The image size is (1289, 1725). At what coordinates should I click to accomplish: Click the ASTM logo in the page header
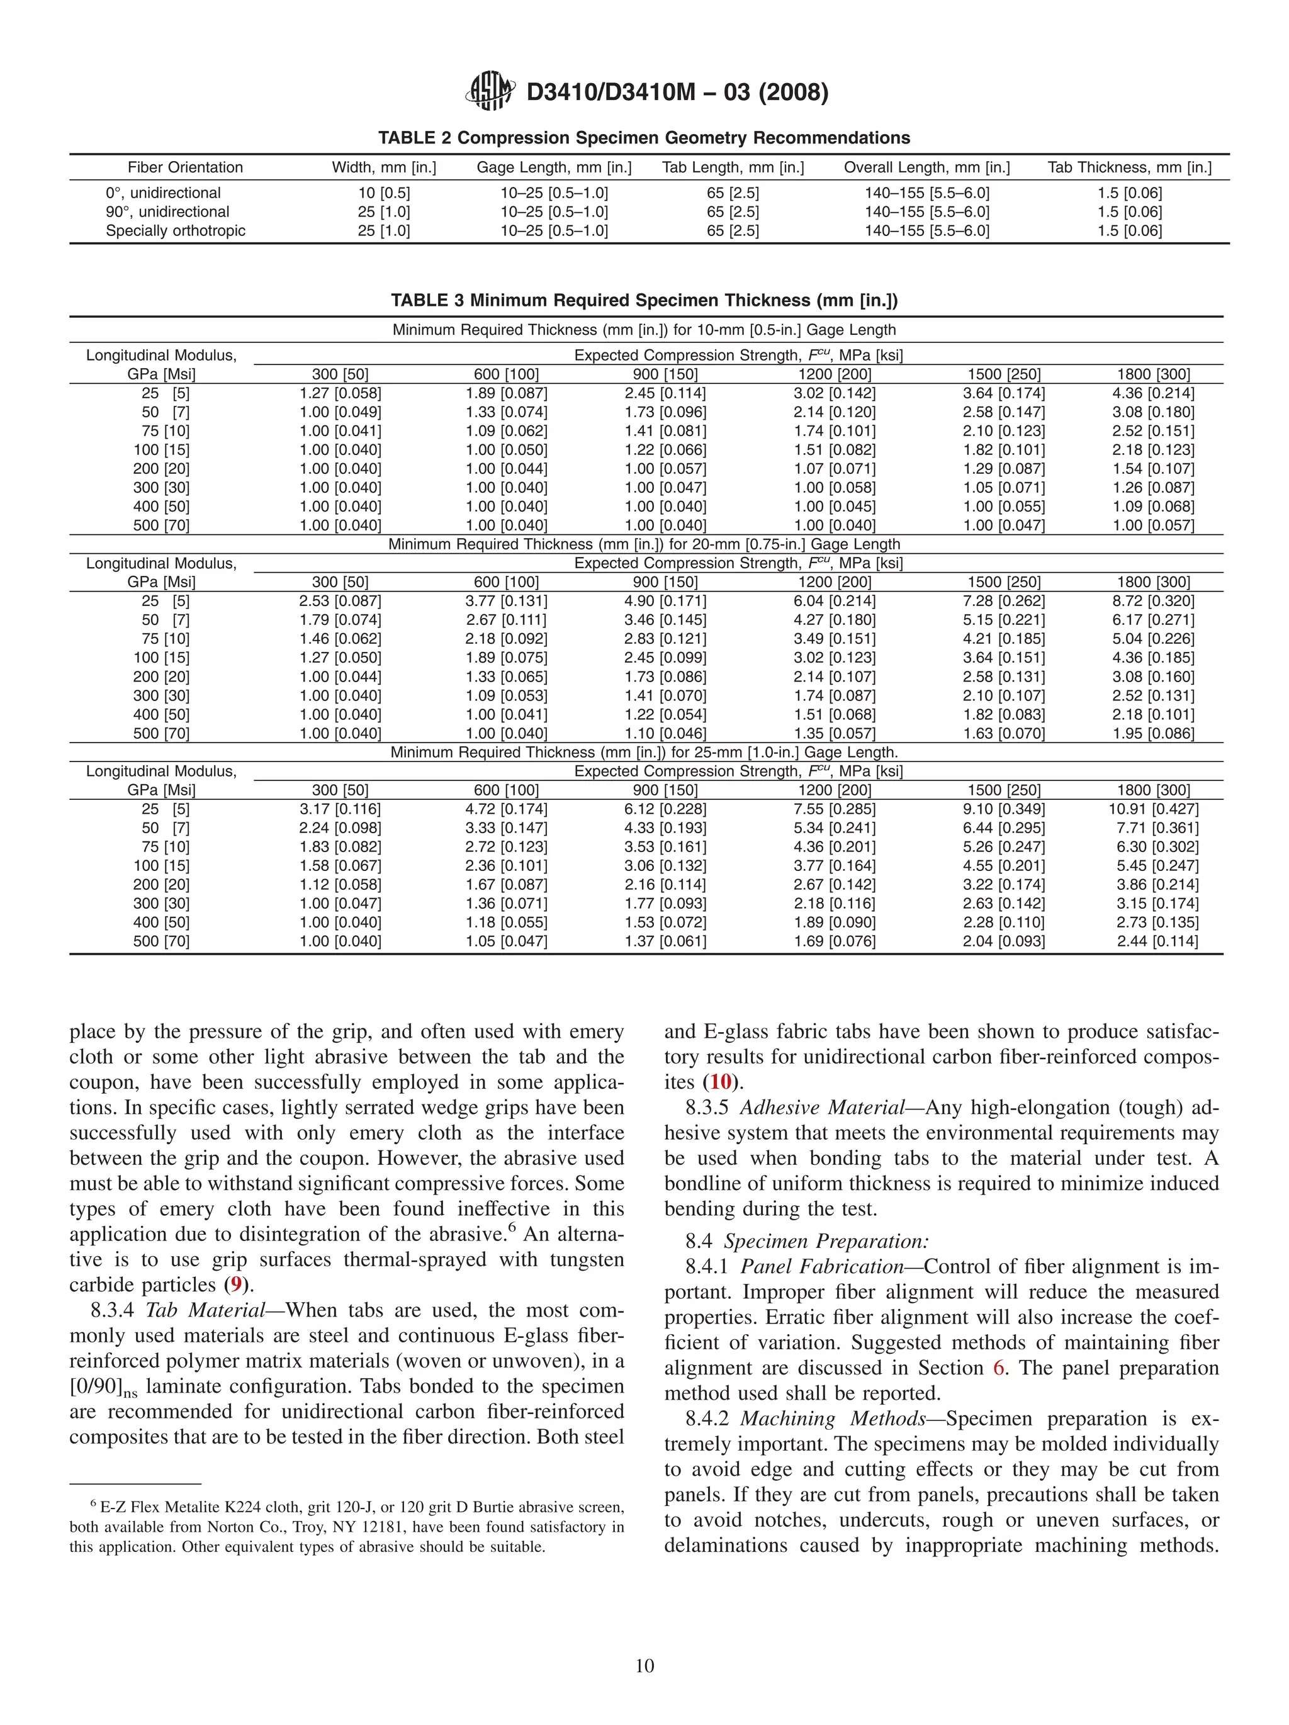(x=489, y=91)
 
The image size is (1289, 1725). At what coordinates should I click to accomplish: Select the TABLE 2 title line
(x=644, y=138)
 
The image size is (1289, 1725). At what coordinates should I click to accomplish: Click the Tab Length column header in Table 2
(x=733, y=167)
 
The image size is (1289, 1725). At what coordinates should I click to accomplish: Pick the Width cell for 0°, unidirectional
(x=384, y=193)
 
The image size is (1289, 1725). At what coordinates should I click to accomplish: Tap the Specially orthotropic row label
(x=176, y=231)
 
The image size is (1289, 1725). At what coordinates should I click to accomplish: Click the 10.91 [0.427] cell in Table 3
(x=1153, y=809)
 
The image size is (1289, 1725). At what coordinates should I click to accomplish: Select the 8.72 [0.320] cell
(x=1153, y=601)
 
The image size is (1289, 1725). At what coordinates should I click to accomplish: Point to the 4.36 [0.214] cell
(x=1153, y=393)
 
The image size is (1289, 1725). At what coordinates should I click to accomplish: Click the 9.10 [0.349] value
(x=1004, y=809)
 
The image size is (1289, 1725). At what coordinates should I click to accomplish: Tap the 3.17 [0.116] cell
(x=340, y=809)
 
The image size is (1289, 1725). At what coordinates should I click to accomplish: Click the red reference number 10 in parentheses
(x=721, y=1082)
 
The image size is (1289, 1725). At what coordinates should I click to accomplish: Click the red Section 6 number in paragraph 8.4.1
(x=999, y=1369)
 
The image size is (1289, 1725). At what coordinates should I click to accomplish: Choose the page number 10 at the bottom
(x=644, y=1666)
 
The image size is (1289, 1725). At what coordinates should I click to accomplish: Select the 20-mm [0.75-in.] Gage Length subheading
(x=644, y=544)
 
